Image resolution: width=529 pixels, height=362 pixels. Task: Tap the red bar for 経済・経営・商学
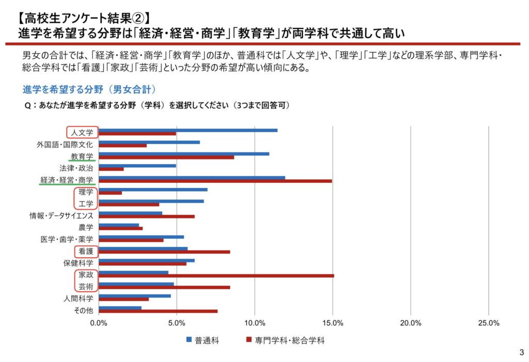tap(215, 181)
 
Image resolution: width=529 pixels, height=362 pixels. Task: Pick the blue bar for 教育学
tap(183, 154)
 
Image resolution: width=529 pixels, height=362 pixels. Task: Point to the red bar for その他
tap(158, 311)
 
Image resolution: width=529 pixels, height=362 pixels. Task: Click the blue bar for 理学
tap(152, 190)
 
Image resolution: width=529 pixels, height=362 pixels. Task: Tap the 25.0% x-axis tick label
tap(489, 323)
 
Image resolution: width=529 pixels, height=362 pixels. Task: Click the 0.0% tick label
tap(99, 323)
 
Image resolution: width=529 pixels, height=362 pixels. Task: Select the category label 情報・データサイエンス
tap(61, 216)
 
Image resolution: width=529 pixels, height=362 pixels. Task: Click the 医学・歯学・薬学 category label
tap(67, 240)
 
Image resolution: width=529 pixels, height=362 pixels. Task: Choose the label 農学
tap(86, 228)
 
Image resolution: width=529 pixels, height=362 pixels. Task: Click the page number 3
tap(520, 353)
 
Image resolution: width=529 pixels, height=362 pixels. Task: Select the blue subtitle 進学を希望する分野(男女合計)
tap(89, 89)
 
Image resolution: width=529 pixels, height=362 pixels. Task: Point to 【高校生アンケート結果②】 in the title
tap(82, 19)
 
